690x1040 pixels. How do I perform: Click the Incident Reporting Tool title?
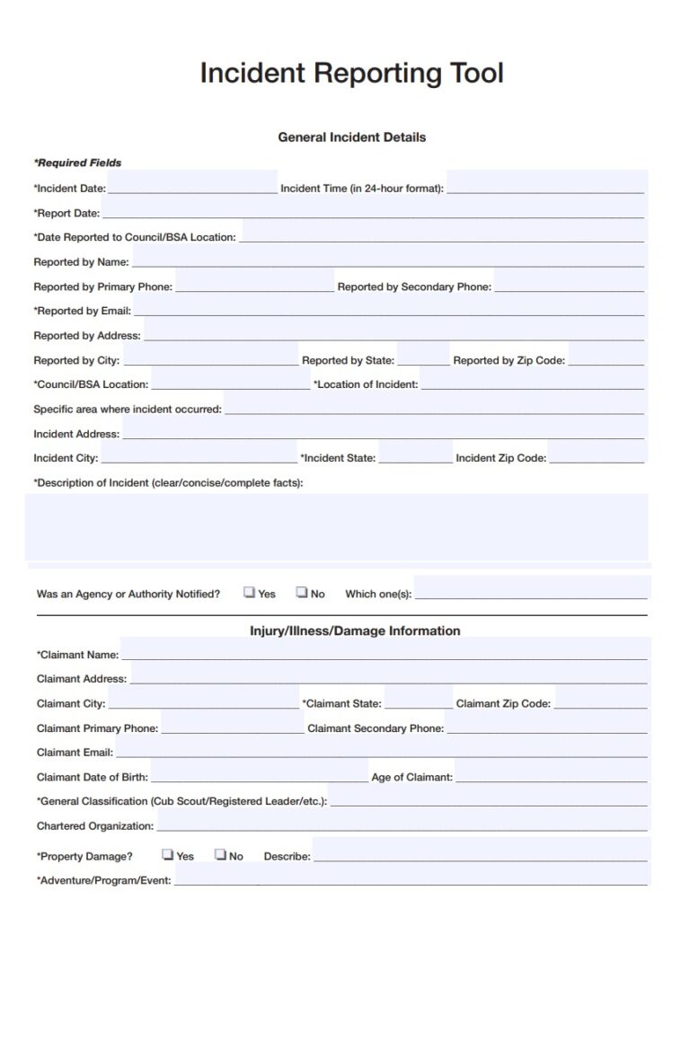(x=351, y=73)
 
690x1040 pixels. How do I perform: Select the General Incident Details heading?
(x=351, y=137)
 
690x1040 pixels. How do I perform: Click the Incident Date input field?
(x=192, y=187)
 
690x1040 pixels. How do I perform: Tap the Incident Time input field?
(x=545, y=187)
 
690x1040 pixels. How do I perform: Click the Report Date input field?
(x=372, y=212)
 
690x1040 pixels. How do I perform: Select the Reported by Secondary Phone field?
(x=569, y=286)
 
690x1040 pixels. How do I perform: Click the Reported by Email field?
(x=388, y=310)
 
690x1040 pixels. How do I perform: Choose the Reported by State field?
(x=423, y=359)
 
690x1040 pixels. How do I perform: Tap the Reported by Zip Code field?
(x=606, y=359)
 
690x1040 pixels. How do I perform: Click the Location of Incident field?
(x=532, y=383)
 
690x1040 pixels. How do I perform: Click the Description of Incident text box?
(x=337, y=527)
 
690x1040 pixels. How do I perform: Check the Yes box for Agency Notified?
(x=249, y=593)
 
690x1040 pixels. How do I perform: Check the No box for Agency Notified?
(x=303, y=593)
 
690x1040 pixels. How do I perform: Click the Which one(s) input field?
(x=531, y=592)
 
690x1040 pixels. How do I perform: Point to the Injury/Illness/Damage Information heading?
(x=355, y=630)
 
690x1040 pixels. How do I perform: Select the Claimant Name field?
(x=384, y=654)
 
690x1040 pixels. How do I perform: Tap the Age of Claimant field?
(x=551, y=776)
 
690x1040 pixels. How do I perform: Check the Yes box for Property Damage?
(x=168, y=855)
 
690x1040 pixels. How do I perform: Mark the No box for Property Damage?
(x=220, y=855)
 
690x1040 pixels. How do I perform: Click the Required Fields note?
(x=77, y=163)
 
